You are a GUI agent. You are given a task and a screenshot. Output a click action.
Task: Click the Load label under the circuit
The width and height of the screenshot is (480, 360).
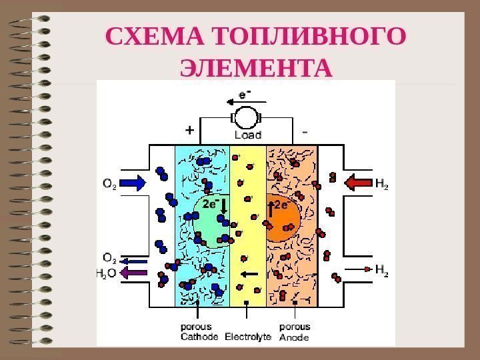tap(247, 134)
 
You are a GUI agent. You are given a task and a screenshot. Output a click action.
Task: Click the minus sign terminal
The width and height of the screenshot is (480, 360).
tap(305, 131)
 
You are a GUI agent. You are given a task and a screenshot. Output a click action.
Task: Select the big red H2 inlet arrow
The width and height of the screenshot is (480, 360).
tap(359, 182)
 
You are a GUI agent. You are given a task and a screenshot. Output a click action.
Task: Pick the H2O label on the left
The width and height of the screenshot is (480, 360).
tap(107, 273)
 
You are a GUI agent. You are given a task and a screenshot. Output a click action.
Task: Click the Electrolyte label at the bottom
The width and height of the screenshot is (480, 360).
tap(247, 337)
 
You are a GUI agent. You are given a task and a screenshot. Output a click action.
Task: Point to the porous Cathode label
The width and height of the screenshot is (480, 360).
tap(199, 332)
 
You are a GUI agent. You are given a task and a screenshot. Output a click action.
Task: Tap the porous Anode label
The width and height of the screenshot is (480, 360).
tap(294, 332)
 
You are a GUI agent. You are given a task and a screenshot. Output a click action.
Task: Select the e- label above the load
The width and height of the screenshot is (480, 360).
tap(245, 95)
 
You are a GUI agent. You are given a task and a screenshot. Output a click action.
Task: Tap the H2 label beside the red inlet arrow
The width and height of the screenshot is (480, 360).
tap(381, 182)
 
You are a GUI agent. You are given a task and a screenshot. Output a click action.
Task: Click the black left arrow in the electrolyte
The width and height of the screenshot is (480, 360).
tap(249, 273)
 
